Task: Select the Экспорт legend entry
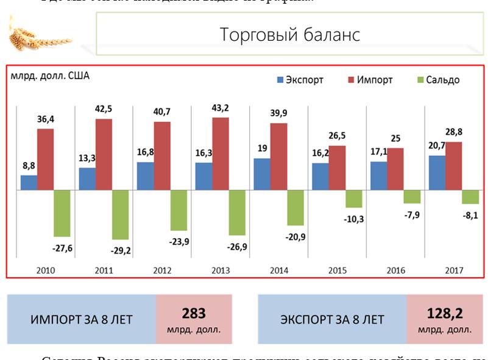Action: (x=300, y=80)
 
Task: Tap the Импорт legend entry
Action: (x=369, y=80)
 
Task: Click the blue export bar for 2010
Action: (x=29, y=182)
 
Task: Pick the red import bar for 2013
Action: (x=221, y=154)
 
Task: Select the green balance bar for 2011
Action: (x=120, y=214)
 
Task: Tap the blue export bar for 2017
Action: (x=436, y=172)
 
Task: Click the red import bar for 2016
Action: (x=395, y=169)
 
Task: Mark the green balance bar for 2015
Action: (x=354, y=199)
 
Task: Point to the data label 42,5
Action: (x=104, y=110)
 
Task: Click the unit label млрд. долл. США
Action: (x=49, y=77)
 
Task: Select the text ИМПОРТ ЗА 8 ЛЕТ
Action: (x=82, y=319)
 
